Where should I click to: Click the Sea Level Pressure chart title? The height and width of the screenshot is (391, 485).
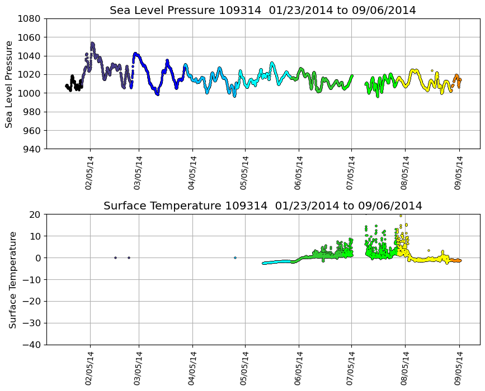tap(262, 11)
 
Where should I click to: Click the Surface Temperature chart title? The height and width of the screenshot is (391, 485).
tap(262, 206)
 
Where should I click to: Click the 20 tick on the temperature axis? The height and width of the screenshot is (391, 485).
tap(35, 214)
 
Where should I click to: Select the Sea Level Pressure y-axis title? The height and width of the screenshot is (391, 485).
tap(9, 84)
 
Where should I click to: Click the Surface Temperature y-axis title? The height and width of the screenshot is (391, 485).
tap(12, 279)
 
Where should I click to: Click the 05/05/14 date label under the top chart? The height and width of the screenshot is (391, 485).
tap(244, 173)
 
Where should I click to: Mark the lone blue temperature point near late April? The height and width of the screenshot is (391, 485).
tap(235, 258)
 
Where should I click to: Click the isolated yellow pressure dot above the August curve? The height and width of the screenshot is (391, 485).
tap(432, 71)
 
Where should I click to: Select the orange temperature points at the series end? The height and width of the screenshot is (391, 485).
tap(456, 260)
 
